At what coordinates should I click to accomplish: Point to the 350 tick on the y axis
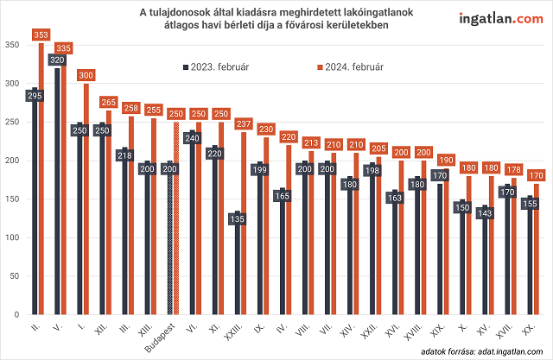13,45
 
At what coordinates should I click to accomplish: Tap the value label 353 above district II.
41,35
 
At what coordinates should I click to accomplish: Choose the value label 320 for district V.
57,60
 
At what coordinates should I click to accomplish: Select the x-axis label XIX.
441,328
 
